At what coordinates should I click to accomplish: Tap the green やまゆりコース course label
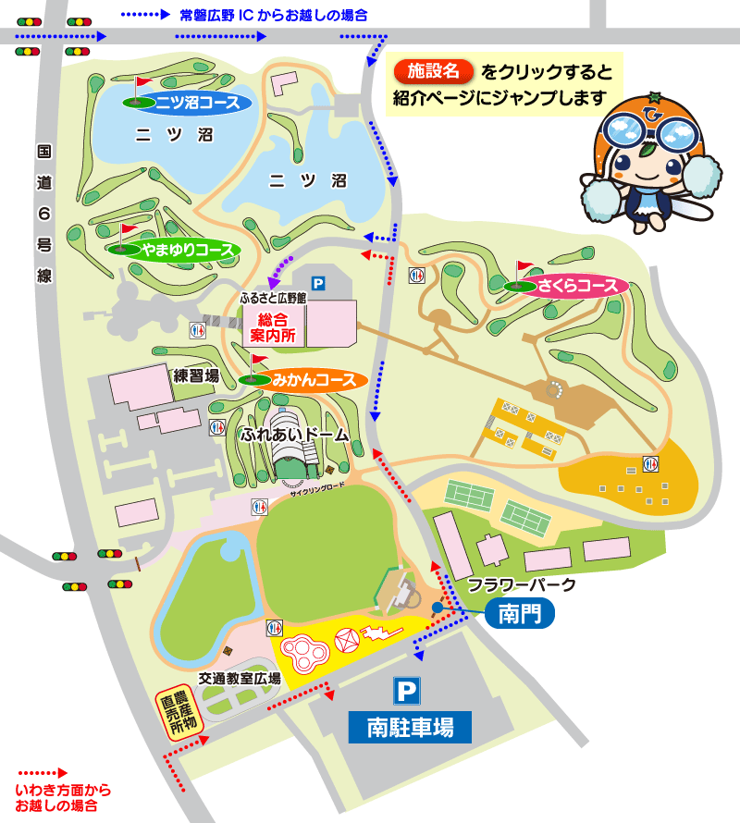click(185, 250)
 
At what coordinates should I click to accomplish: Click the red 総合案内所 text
click(275, 327)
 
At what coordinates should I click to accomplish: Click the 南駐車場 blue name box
click(409, 728)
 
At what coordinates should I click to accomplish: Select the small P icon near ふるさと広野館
click(318, 284)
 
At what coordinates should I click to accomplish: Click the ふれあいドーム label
click(294, 433)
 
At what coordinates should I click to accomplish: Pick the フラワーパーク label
click(522, 584)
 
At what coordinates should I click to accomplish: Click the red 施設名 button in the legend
click(433, 71)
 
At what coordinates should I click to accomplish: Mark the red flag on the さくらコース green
click(524, 268)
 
